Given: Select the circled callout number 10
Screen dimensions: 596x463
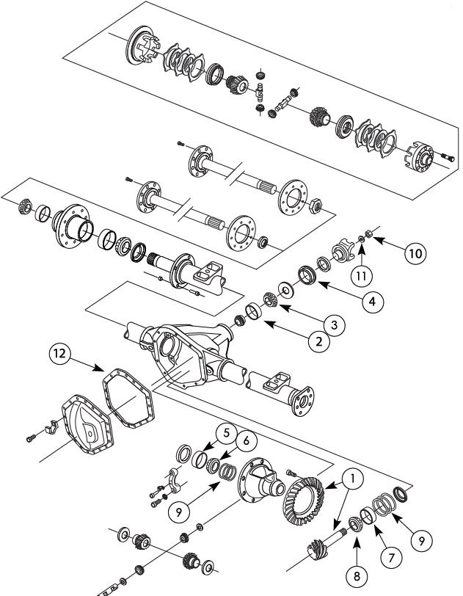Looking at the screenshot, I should (x=415, y=253).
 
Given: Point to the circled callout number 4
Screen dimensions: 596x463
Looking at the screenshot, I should (x=373, y=299).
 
